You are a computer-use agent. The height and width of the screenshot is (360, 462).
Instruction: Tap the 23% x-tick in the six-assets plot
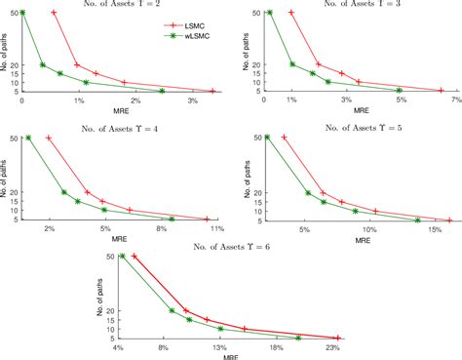tap(332, 347)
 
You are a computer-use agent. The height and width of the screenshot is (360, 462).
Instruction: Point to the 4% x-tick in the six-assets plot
tap(118, 347)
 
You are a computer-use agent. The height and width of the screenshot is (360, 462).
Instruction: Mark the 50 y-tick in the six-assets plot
tap(110, 257)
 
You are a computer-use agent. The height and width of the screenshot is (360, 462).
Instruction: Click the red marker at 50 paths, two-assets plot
tap(54, 13)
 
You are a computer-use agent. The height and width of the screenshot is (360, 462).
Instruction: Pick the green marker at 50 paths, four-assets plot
tap(29, 138)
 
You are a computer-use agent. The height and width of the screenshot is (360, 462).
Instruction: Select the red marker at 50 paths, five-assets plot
tap(284, 138)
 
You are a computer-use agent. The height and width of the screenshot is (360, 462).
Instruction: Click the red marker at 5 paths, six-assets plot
tap(336, 338)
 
